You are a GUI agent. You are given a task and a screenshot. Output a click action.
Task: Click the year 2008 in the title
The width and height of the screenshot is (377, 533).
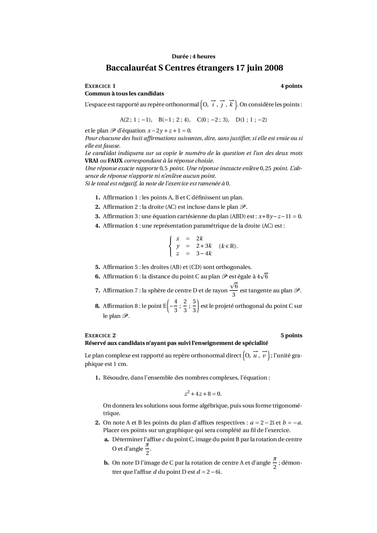(274, 68)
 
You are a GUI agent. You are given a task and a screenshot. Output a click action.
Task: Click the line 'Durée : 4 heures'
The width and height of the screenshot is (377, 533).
(194, 56)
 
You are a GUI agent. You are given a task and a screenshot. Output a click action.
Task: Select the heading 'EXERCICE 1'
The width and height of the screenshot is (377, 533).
(100, 86)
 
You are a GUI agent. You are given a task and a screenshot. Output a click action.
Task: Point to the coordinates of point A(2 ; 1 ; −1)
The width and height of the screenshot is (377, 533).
(135, 120)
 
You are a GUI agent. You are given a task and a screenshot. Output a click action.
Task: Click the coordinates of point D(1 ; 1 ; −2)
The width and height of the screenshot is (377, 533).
(251, 120)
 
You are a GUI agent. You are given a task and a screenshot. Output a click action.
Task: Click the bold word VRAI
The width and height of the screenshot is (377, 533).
(91, 161)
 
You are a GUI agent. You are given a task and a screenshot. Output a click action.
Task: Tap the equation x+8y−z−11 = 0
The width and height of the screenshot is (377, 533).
(280, 216)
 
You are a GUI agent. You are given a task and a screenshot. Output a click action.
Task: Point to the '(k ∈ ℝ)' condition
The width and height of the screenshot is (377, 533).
(228, 246)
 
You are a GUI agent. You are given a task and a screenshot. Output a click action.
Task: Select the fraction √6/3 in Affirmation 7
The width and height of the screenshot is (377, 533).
(234, 290)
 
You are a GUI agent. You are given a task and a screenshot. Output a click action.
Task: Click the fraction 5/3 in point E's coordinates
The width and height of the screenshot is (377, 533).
(194, 306)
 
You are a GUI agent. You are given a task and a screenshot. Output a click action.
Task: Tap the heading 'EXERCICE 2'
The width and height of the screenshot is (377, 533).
(100, 336)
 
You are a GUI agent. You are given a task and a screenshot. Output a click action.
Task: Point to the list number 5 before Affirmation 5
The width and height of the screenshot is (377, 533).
(97, 267)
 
